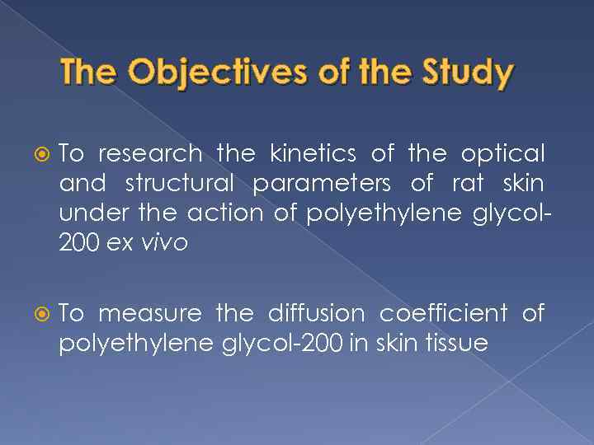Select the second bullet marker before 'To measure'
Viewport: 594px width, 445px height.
[x=45, y=314]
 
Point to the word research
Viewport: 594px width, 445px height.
[x=150, y=154]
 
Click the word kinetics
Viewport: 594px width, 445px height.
[x=308, y=154]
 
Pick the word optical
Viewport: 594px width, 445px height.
[x=502, y=154]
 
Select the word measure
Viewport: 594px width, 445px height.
[x=149, y=314]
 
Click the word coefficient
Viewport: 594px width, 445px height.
[x=443, y=314]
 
